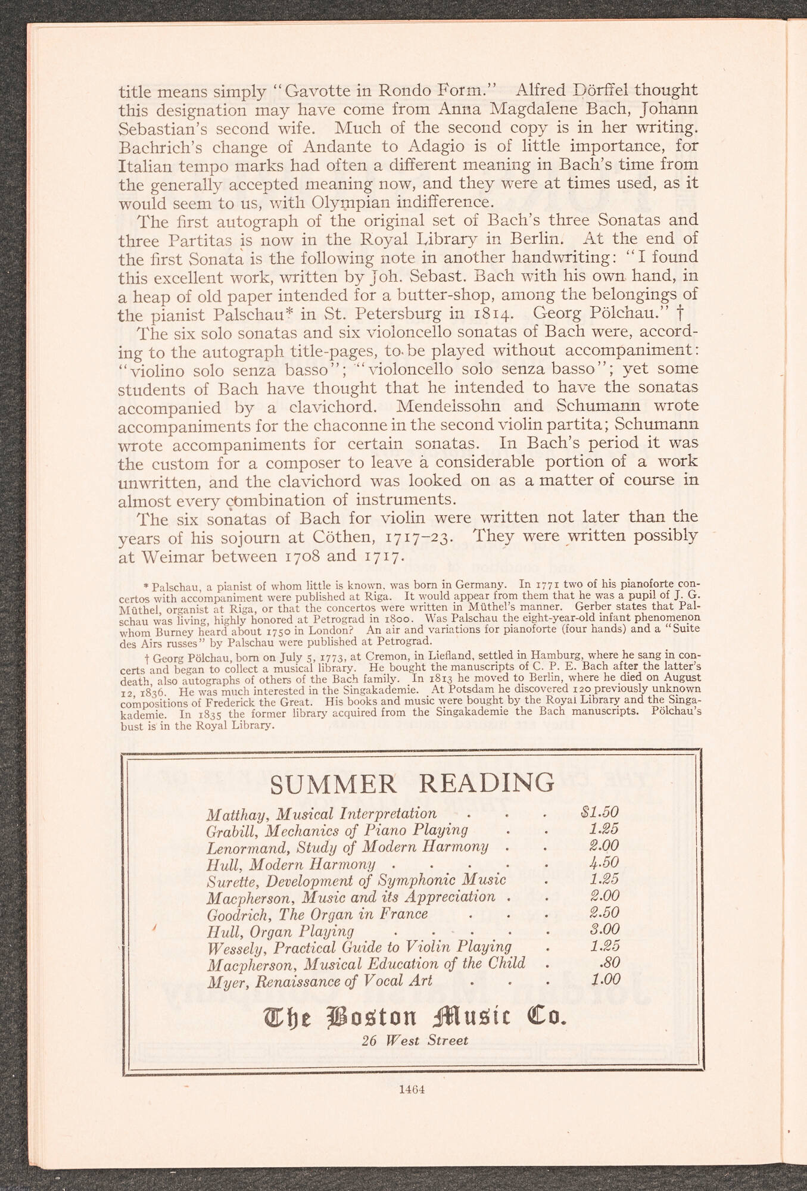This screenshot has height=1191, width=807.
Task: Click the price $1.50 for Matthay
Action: click(x=599, y=812)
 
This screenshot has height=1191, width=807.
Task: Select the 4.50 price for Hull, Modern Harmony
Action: click(x=604, y=862)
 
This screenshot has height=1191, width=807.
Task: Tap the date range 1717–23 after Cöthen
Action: click(x=419, y=537)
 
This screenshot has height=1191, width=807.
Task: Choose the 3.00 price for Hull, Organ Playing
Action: click(x=604, y=929)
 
